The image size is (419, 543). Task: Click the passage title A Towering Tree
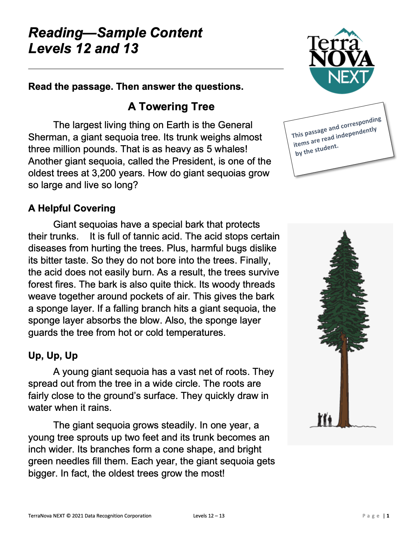[x=171, y=107]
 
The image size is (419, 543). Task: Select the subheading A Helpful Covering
[x=72, y=208]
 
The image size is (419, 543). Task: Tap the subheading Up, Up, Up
[x=53, y=356]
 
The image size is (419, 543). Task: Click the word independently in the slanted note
[x=356, y=133]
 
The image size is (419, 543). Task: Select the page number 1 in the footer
[x=388, y=516]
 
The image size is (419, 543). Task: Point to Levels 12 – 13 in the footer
[x=209, y=516]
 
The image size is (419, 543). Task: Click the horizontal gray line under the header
[x=156, y=69]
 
